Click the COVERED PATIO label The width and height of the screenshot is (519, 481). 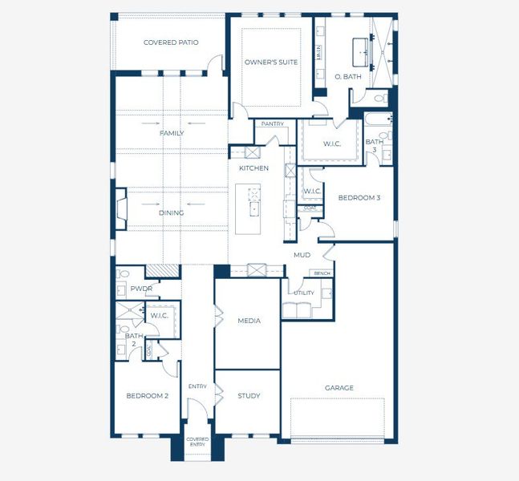[171, 42]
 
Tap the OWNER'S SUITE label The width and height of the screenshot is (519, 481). [271, 62]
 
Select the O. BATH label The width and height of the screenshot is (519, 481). [348, 77]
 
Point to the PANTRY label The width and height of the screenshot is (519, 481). [273, 123]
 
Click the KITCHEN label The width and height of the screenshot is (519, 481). [253, 168]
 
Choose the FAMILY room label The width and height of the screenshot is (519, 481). [172, 133]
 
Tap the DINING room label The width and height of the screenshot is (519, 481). [171, 212]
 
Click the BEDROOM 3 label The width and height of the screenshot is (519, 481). [358, 198]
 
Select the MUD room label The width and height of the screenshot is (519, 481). [302, 255]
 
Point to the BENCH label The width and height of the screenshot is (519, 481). [322, 273]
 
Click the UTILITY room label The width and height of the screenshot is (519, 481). [303, 293]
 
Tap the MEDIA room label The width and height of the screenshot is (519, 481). [249, 321]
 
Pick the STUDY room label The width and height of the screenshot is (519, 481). [249, 396]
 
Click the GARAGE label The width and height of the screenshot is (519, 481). [339, 388]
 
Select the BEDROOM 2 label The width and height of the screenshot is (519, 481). [147, 396]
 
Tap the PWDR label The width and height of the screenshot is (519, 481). [141, 289]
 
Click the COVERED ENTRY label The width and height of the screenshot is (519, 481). [197, 442]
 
